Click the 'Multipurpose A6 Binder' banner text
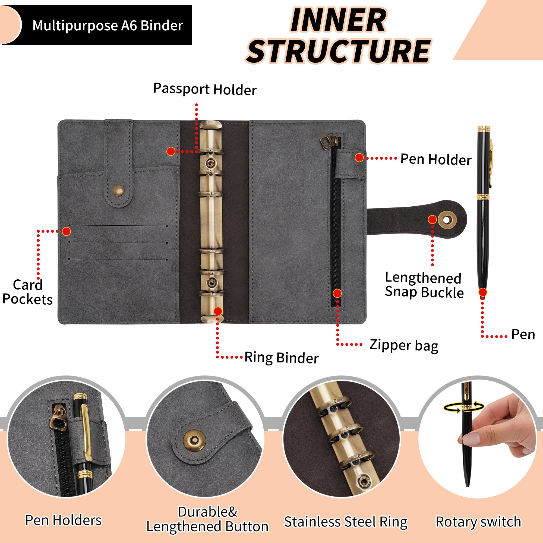point(108,26)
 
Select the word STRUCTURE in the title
point(338,51)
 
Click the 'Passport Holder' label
point(205,89)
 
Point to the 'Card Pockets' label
point(27,292)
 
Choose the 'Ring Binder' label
point(282,358)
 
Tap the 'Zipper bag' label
point(404,345)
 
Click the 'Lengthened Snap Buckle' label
point(424,285)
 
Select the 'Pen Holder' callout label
point(436,159)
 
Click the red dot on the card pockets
point(66,231)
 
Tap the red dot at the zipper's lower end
point(337,293)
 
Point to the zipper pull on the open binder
point(329,143)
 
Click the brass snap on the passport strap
point(119,191)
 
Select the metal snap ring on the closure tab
point(447,220)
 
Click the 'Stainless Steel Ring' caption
point(346,522)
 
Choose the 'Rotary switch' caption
point(478,522)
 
